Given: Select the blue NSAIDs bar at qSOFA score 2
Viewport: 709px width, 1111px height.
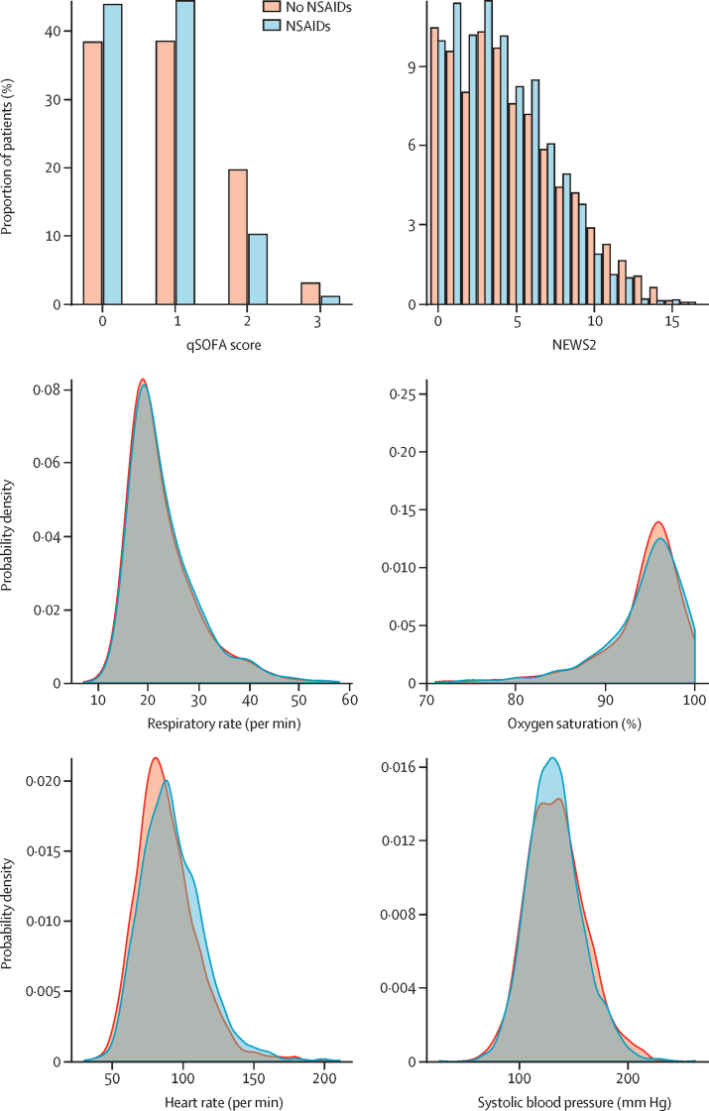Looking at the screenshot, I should coord(258,269).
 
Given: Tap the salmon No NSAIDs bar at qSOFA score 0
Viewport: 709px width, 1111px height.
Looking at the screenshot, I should coord(93,172).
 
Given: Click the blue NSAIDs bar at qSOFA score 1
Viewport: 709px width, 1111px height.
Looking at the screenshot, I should coord(185,153).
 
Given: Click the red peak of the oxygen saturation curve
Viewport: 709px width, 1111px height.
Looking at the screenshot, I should coord(657,522).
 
